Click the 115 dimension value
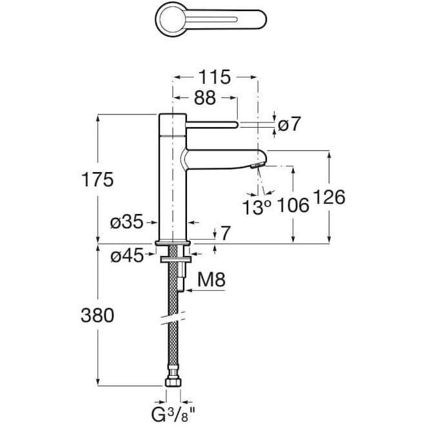coord(215,77)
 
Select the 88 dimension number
coord(205,98)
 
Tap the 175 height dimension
coord(97,179)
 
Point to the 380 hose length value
coord(97,315)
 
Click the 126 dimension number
coord(329,197)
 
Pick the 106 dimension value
coord(293,205)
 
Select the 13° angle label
coord(257,207)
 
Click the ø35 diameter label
coord(126,222)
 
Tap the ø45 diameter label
coord(127,256)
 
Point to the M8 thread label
coord(211,279)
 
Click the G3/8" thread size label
coord(173,414)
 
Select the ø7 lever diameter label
coord(289,124)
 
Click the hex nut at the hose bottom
coord(173,381)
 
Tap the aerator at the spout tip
coord(257,164)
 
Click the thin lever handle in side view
coord(212,125)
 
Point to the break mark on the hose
coord(173,318)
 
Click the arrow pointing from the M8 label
coord(205,291)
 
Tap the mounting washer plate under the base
coord(175,259)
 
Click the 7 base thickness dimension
coord(225,233)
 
